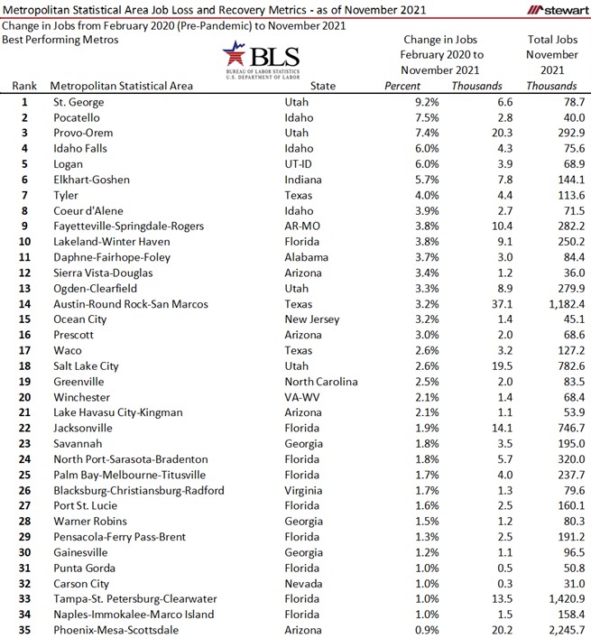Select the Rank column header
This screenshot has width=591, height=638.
[x=25, y=87]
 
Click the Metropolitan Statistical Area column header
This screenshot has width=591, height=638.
[x=121, y=87]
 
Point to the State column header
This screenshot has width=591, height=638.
[x=322, y=87]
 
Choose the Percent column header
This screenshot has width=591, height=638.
[x=402, y=87]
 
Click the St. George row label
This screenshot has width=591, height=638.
[x=78, y=102]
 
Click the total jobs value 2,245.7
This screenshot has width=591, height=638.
[x=560, y=630]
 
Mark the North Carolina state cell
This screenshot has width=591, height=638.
[x=321, y=382]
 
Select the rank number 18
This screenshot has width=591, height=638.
[x=25, y=365]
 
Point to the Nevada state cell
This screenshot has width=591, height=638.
[x=303, y=583]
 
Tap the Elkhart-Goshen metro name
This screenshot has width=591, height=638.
[x=92, y=180]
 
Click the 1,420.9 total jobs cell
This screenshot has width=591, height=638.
[x=560, y=598]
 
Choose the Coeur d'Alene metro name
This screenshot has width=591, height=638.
[x=90, y=211]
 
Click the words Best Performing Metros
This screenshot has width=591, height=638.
[x=60, y=41]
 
